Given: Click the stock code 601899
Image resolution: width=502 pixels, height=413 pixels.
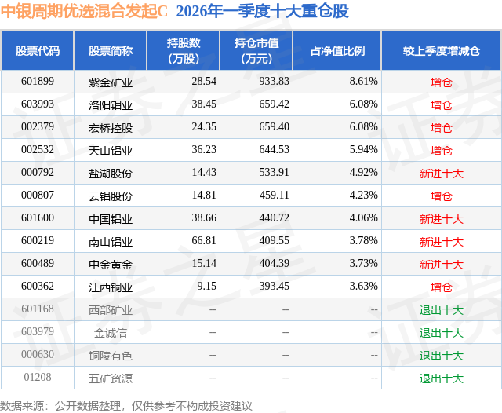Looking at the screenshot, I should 38,82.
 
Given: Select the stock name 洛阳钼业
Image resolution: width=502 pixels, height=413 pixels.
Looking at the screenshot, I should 110,104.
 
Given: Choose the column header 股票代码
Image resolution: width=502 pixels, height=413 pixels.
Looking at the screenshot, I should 38,51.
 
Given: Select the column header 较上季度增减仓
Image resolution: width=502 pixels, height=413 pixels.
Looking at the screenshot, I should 442,51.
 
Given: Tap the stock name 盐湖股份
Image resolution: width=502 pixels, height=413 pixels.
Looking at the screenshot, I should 110,173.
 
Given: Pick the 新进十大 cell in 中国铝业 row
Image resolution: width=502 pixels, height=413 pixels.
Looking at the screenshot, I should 442,219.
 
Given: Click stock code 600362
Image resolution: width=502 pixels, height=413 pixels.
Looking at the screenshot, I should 38,287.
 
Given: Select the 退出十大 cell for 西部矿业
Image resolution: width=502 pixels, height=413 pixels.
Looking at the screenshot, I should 442,310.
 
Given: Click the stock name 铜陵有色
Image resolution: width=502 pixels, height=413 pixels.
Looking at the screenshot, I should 110,356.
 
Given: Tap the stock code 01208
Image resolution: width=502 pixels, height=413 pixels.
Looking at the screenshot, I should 38,378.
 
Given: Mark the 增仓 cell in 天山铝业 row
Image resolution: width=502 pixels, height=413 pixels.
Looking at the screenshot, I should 442,150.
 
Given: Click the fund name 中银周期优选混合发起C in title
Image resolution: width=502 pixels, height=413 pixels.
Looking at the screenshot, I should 85,12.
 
